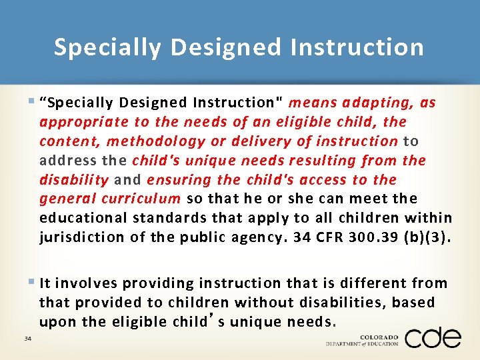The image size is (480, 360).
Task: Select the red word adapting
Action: point(376,103)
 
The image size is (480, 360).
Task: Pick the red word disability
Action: point(74,180)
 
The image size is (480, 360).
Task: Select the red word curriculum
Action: point(141,199)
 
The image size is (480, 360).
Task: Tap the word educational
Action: point(84,218)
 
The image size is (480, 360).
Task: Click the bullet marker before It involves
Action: point(33,283)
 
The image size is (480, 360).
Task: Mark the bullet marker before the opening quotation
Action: point(33,102)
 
